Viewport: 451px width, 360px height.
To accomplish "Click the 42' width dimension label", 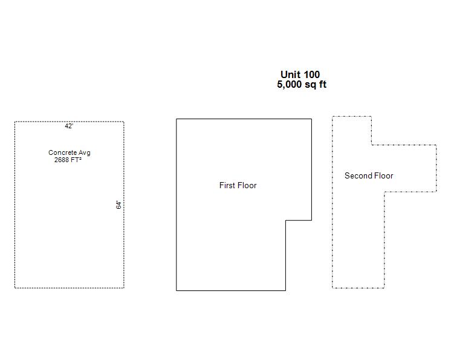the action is tap(69, 126).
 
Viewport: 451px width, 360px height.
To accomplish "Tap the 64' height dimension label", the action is tap(118, 205).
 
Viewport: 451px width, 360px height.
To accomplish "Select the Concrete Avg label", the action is tap(70, 152).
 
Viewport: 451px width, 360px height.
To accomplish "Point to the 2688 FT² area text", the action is tap(68, 160).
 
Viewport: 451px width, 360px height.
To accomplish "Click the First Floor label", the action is tap(238, 185).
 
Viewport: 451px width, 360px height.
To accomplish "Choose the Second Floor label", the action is tap(369, 175).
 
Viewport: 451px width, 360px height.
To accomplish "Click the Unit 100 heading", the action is tap(300, 74).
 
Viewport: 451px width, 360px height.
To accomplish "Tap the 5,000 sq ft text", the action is tap(302, 84).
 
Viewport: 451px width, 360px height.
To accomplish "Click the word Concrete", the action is tap(62, 152).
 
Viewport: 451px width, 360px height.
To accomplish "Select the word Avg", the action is tap(85, 153).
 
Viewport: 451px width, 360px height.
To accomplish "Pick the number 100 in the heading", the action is tap(312, 74).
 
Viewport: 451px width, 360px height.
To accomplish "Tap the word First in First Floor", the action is tap(227, 185).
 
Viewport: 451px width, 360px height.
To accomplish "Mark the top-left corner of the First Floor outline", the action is tap(177, 119).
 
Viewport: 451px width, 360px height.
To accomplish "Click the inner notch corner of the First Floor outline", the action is tap(285, 220).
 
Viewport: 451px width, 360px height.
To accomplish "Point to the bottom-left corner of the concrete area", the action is tap(15, 288).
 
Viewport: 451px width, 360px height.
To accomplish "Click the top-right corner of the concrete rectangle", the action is tap(124, 122).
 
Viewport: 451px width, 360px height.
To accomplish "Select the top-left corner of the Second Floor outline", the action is tap(333, 117).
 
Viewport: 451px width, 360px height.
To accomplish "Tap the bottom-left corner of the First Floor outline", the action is tap(177, 290).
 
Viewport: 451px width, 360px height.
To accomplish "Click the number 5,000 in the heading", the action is tap(289, 85).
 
